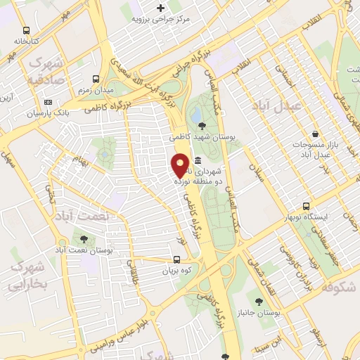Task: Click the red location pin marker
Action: pyautogui.click(x=180, y=165)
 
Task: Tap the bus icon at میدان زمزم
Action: pyautogui.click(x=96, y=79)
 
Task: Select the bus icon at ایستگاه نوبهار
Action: pyautogui.click(x=306, y=206)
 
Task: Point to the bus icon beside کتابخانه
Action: pyautogui.click(x=26, y=30)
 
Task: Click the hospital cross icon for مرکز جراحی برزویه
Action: pyautogui.click(x=160, y=8)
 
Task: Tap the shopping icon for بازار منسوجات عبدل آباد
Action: pyautogui.click(x=315, y=133)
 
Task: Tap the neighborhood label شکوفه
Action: pyautogui.click(x=340, y=288)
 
